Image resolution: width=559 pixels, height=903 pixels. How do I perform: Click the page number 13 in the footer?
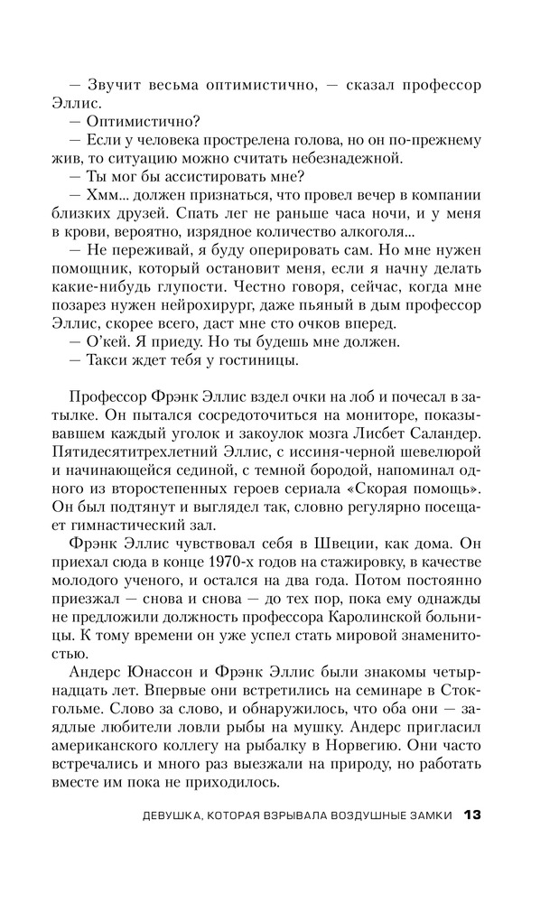(x=472, y=815)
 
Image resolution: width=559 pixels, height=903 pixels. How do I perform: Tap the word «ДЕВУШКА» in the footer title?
(x=167, y=816)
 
